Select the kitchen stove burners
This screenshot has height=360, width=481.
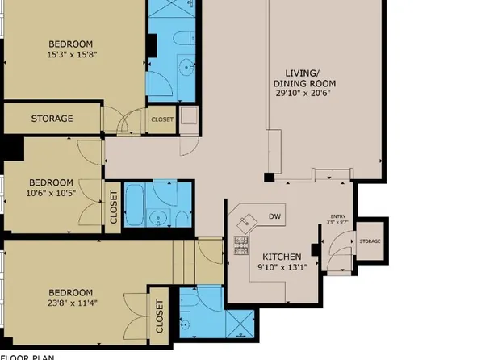coord(240,244)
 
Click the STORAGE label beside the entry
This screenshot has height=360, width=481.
coord(370,241)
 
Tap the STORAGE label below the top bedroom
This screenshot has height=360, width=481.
coord(52,119)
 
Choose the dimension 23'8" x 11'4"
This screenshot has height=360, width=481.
coord(70,303)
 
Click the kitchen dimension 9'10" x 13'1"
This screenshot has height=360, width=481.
coord(282,266)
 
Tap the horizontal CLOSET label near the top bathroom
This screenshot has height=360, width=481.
coord(161,119)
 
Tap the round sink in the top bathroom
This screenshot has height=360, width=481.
coord(185,67)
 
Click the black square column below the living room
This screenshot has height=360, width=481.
coord(269,177)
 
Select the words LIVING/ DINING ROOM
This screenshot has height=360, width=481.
coord(304,77)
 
